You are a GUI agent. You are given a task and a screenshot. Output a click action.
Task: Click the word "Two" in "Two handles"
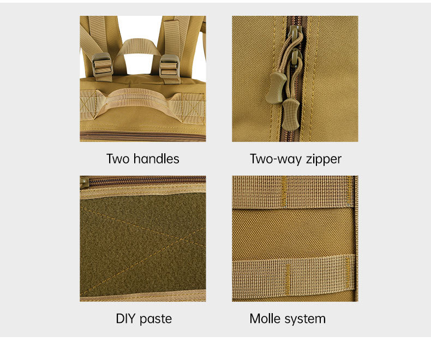118,159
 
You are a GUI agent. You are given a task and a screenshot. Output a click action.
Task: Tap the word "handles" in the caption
156,159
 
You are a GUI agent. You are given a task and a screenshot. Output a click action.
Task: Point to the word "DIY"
125,319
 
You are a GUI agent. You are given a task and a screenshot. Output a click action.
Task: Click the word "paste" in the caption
155,320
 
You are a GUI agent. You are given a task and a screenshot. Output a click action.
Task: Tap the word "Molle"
265,319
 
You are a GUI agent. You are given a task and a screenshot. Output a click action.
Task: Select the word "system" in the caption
305,320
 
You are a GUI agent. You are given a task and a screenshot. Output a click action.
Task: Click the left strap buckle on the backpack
102,65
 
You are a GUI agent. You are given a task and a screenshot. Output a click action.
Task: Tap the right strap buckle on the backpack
169,66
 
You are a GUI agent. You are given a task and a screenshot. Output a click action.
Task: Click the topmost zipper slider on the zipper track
294,32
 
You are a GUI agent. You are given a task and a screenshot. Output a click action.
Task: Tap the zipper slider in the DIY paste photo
84,182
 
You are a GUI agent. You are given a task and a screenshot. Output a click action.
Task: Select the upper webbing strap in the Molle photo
294,192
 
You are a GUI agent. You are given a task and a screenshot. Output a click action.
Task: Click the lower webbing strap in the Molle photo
294,275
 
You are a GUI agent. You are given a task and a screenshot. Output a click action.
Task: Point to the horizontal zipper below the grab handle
143,136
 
